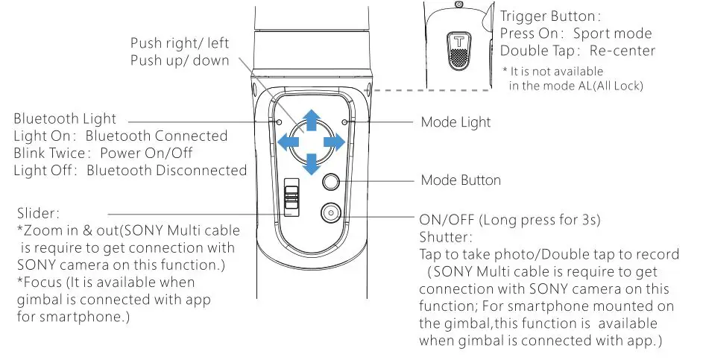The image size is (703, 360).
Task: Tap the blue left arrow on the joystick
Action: [286, 141]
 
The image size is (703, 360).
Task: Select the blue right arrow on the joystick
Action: [335, 141]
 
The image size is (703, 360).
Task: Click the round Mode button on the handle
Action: [331, 181]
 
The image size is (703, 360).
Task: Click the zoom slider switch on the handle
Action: [293, 198]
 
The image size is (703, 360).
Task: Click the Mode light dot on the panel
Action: [344, 121]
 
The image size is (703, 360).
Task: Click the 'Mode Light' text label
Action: [455, 121]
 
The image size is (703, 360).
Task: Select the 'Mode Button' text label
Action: [460, 180]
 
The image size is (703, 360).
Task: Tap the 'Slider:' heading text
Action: [37, 214]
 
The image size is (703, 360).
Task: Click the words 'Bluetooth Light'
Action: [65, 119]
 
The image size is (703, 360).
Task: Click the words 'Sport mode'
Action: [612, 34]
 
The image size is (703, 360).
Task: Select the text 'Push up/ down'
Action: [180, 60]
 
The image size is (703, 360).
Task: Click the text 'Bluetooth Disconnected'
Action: [166, 171]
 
